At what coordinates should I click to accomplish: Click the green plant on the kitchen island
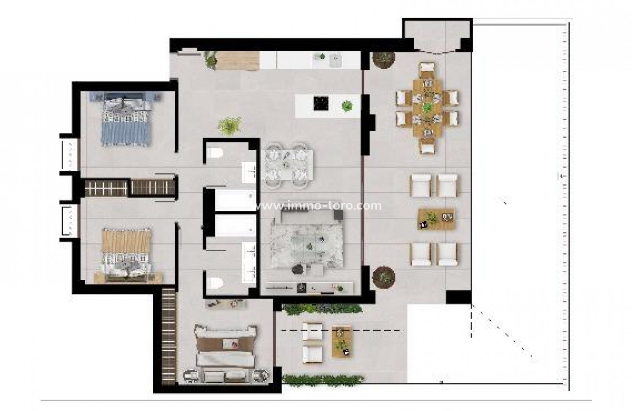(347, 106)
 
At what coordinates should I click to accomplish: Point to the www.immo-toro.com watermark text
(319, 206)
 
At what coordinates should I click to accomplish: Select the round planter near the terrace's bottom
(384, 276)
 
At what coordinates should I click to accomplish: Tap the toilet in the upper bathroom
(215, 154)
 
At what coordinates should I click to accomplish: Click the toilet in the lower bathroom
(214, 282)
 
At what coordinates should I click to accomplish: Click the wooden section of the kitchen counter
(238, 60)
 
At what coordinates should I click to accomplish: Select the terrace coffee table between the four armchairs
(436, 219)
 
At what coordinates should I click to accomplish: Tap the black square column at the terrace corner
(458, 298)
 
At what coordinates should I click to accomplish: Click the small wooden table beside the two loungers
(341, 340)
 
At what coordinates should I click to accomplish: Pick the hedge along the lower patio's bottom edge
(323, 380)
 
